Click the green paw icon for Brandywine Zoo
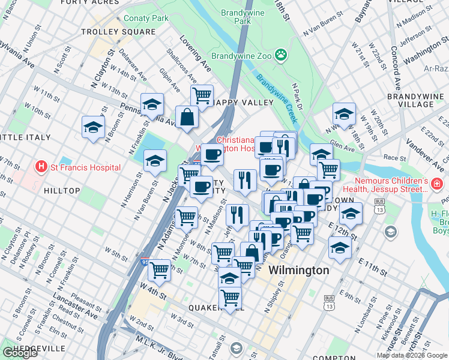pos(280,55)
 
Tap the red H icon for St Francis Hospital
pos(41,167)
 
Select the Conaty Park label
pos(146,19)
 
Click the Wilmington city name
pos(299,270)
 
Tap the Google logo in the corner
pos(20,353)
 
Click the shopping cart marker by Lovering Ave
pos(202,95)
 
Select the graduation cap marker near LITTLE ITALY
pos(94,127)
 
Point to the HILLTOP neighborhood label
pos(62,190)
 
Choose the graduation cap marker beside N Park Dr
pos(345,113)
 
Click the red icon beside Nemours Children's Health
pos(439,184)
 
